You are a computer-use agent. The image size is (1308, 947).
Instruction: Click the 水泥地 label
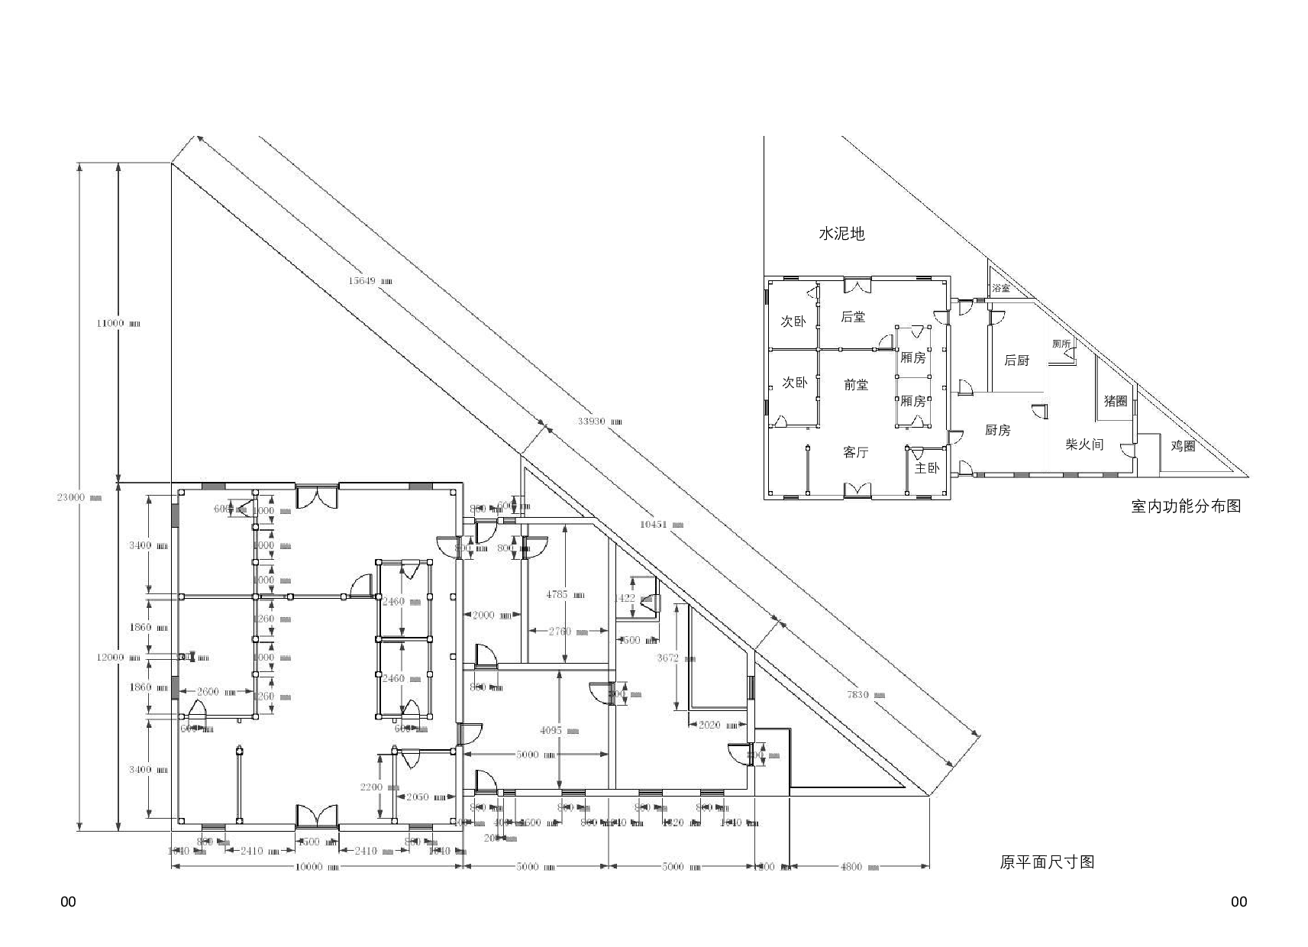click(x=841, y=234)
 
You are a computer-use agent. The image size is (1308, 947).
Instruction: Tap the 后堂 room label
click(x=853, y=316)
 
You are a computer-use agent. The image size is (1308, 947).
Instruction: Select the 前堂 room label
click(x=856, y=385)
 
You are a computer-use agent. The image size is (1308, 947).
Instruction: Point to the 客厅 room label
click(x=856, y=453)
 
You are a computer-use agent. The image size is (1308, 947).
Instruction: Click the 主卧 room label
click(x=927, y=468)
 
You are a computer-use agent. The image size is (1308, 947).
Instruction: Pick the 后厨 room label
click(x=1016, y=360)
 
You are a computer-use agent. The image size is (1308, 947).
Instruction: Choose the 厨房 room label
click(x=998, y=431)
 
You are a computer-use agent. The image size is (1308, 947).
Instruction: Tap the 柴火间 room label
click(x=1084, y=444)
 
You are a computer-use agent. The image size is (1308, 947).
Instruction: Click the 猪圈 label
click(x=1116, y=401)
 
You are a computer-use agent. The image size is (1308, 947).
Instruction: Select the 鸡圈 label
click(x=1183, y=446)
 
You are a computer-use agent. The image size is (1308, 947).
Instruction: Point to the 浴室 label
click(x=1001, y=289)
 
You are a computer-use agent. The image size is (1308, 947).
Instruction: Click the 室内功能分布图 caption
click(x=1186, y=506)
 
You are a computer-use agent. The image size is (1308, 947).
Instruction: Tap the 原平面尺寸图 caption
click(x=1047, y=862)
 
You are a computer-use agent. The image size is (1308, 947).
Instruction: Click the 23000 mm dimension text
click(x=79, y=497)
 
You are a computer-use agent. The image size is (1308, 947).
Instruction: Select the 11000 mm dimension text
click(x=118, y=323)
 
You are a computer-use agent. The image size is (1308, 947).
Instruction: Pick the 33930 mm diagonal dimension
click(x=599, y=421)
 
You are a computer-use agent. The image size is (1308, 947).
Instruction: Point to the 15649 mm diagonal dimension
click(x=370, y=280)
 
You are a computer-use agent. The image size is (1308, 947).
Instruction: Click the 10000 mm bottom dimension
click(x=314, y=867)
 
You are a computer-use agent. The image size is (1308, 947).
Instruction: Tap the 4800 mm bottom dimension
click(x=857, y=867)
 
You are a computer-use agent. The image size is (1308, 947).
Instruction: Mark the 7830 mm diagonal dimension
click(x=866, y=694)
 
